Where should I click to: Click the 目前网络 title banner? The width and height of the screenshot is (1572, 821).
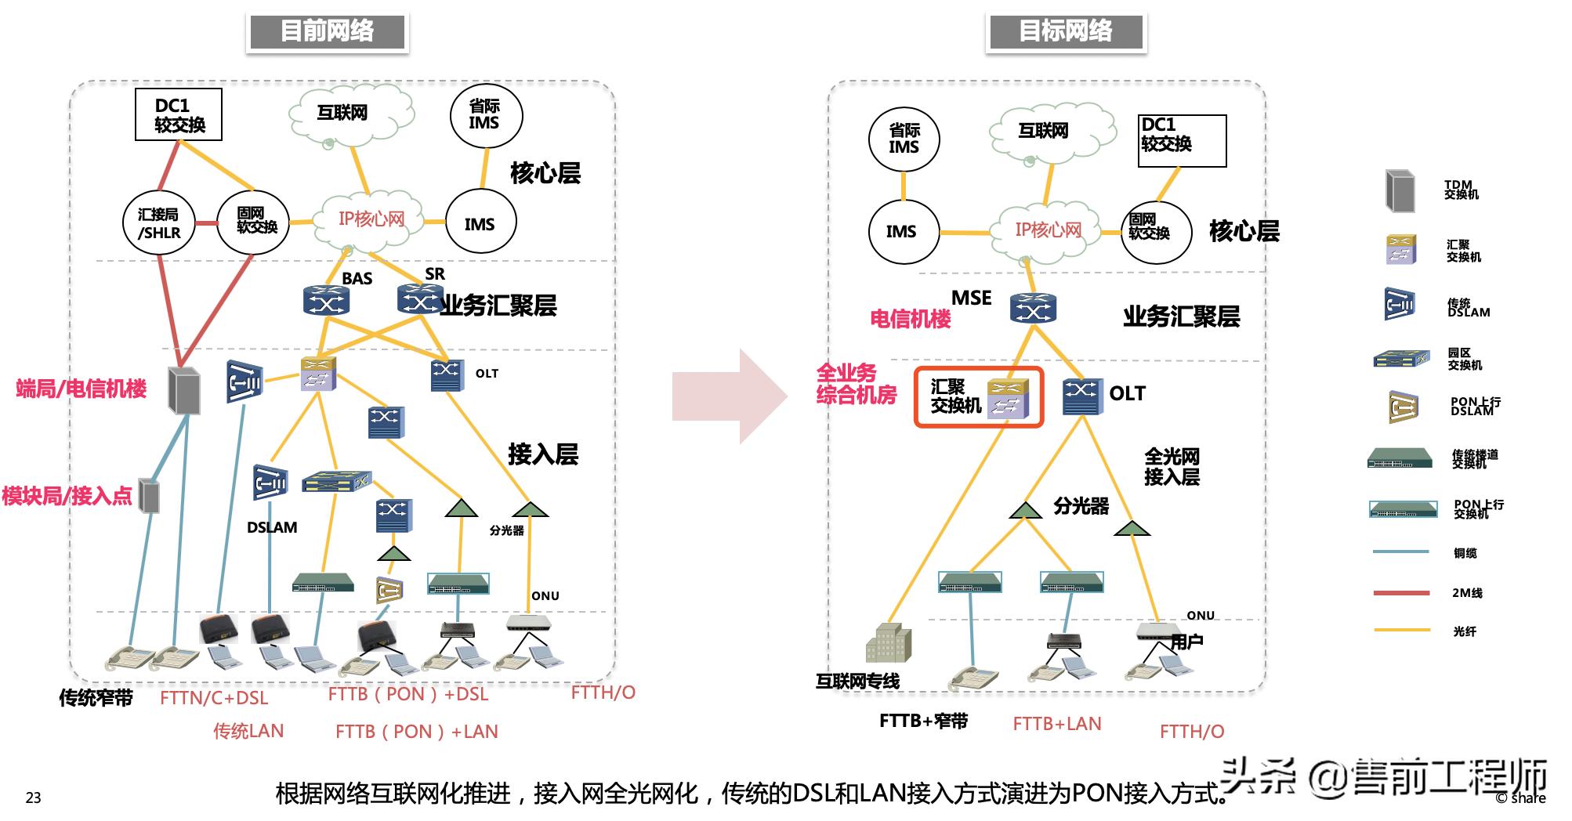[x=327, y=32]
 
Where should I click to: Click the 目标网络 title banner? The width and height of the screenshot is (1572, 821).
[x=1065, y=32]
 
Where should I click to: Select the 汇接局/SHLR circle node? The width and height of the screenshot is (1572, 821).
[x=159, y=223]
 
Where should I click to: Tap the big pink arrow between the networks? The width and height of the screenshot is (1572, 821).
[x=730, y=396]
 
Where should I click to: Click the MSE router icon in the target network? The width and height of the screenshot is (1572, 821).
[x=1033, y=309]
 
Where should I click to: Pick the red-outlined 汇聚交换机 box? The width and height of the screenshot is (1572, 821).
[x=979, y=397]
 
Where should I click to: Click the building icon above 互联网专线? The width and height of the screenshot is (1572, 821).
[x=888, y=644]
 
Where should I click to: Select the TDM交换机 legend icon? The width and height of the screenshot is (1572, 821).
[x=1400, y=190]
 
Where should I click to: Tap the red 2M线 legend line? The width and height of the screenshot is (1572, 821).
[x=1401, y=593]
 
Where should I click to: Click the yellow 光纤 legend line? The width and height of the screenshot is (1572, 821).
[x=1401, y=631]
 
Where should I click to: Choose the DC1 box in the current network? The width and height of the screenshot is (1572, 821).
[x=179, y=115]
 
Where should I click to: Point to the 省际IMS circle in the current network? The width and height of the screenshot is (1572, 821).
[x=485, y=116]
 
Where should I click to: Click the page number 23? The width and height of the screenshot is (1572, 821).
[x=33, y=797]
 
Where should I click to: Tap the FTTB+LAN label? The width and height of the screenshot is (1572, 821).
[x=1056, y=724]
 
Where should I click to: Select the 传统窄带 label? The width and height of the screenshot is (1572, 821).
[x=96, y=698]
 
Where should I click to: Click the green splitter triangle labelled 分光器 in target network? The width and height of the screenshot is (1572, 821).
[x=1025, y=511]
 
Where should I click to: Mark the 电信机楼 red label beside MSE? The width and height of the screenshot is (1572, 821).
[x=910, y=319]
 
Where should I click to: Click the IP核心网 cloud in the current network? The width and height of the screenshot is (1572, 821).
[x=370, y=219]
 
